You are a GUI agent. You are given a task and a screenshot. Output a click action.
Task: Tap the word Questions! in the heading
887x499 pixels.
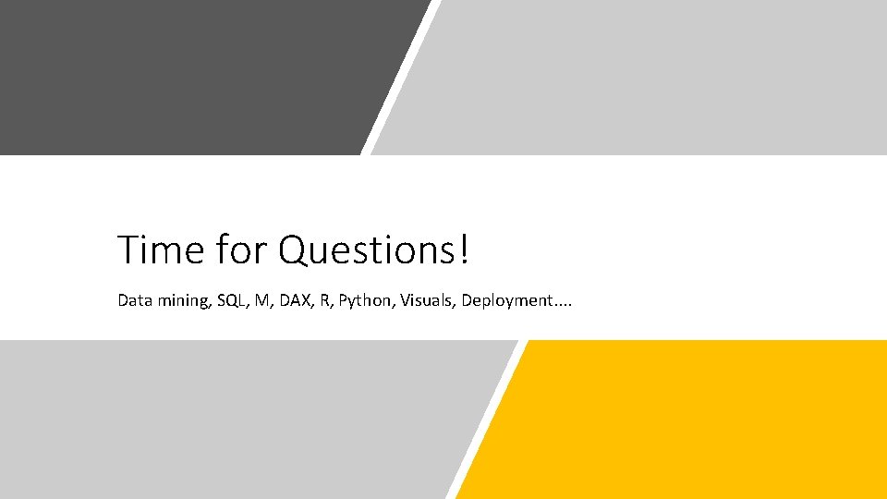click(x=374, y=249)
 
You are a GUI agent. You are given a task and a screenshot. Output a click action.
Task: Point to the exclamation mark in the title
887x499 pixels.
click(x=463, y=249)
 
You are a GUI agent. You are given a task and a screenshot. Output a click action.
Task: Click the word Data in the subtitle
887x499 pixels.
click(x=132, y=300)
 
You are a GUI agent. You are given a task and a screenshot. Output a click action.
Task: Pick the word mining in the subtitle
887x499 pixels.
click(x=181, y=301)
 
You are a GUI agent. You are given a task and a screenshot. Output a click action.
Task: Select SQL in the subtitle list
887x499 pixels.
click(x=231, y=300)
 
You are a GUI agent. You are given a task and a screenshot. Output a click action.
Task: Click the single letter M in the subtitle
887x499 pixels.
click(x=263, y=300)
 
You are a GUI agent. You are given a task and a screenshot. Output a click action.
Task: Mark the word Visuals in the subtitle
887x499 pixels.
click(x=425, y=300)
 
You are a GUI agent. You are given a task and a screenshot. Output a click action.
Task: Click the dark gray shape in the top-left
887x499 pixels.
click(x=185, y=74)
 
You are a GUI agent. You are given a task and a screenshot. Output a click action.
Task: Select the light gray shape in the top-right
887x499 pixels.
click(x=647, y=74)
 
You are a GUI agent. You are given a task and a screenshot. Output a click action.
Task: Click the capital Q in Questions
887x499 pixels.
click(x=294, y=250)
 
